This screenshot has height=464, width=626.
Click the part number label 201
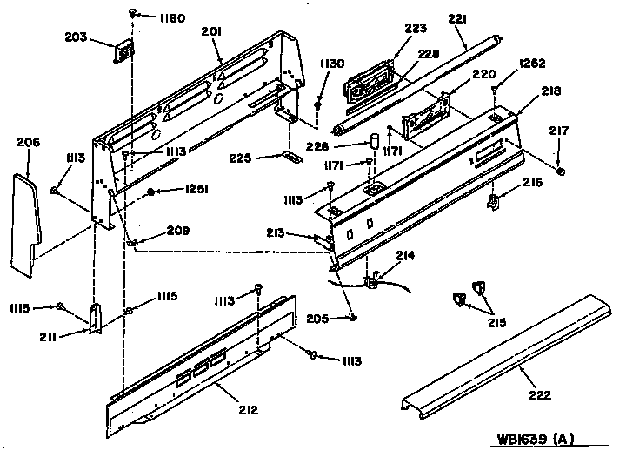tap(211, 31)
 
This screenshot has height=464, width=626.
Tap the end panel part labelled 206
tap(25, 225)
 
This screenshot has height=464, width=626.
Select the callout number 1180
tap(172, 18)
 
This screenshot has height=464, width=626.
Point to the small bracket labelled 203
tap(123, 51)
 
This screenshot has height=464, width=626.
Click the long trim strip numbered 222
tap(506, 357)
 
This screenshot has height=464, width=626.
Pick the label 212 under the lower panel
tap(249, 410)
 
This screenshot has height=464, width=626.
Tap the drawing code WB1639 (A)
tap(535, 439)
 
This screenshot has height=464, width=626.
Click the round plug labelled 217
tap(561, 171)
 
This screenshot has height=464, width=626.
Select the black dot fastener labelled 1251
tap(151, 192)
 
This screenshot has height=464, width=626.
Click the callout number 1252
tap(532, 64)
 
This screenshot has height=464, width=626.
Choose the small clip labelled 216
tap(494, 200)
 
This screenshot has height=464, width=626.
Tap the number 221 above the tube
tap(457, 19)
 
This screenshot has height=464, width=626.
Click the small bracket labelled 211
tap(95, 318)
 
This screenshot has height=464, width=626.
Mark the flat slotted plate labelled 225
tap(292, 157)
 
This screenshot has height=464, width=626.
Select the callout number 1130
tap(332, 64)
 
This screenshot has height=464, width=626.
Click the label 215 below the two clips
tap(496, 322)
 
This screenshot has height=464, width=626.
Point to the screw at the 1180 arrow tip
tap(132, 14)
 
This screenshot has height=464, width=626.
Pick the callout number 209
tap(178, 231)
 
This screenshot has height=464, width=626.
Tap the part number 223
tap(416, 28)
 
